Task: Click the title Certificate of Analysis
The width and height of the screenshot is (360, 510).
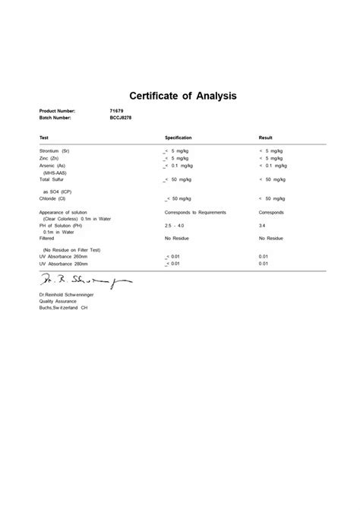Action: [x=183, y=97]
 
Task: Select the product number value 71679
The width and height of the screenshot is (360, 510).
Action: [x=117, y=111]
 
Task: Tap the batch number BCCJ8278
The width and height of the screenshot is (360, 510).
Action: [x=122, y=118]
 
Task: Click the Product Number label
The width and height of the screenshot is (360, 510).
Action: [x=58, y=111]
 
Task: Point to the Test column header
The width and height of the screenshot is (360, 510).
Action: [x=44, y=138]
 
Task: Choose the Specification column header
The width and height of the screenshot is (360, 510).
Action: [x=178, y=138]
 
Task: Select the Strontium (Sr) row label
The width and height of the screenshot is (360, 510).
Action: [x=55, y=151]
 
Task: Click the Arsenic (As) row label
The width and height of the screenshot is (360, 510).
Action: [x=53, y=165]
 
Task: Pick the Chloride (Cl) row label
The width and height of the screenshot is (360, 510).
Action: [x=54, y=198]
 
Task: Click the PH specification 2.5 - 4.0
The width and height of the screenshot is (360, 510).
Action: [x=173, y=226]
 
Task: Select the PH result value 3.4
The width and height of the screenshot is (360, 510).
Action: [x=263, y=226]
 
